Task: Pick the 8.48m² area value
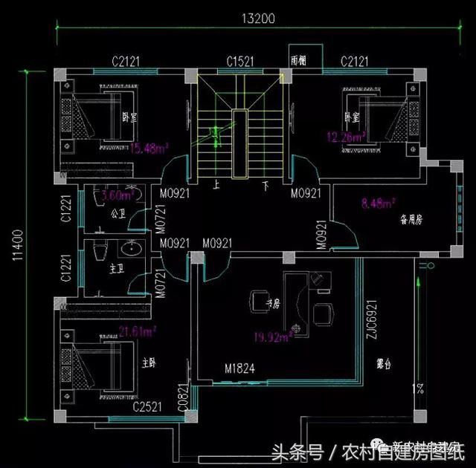pyautogui.click(x=378, y=201)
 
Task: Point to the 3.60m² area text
pyautogui.click(x=116, y=196)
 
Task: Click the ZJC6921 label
pyautogui.click(x=374, y=315)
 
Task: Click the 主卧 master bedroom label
pyautogui.click(x=149, y=363)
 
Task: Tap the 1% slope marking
pyautogui.click(x=419, y=388)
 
